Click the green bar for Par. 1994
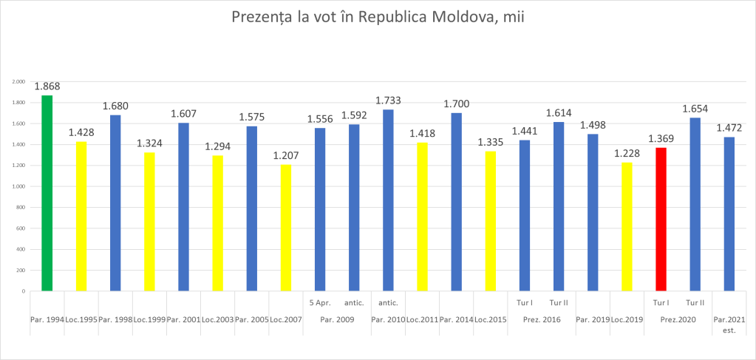click(x=47, y=194)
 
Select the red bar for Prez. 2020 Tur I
click(x=661, y=220)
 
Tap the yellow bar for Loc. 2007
click(x=285, y=228)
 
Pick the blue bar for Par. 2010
click(x=388, y=200)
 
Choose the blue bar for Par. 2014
click(x=456, y=202)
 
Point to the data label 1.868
click(x=47, y=86)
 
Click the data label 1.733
click(x=388, y=101)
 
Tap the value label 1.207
click(x=285, y=156)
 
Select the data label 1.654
click(x=695, y=109)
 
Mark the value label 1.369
click(x=661, y=139)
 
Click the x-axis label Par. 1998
click(x=115, y=319)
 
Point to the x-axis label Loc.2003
click(x=217, y=319)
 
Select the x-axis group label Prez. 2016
click(x=542, y=319)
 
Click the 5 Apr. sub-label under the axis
click(x=319, y=302)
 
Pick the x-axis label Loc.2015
click(x=490, y=319)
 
